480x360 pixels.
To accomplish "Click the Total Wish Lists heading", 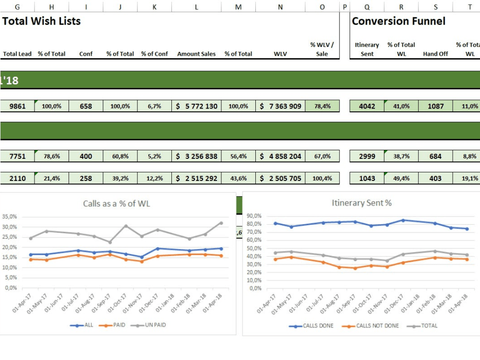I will tap(41, 21).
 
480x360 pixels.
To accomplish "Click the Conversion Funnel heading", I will tap(398, 21).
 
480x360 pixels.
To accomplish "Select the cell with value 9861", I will tap(18, 106).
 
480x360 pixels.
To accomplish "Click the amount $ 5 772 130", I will tap(197, 106).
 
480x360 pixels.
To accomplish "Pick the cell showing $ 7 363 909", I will tap(280, 106).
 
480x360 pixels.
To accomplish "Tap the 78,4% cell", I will tap(322, 106).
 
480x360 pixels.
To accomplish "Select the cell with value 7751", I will tap(18, 156).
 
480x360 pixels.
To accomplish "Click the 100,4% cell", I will tap(322, 178).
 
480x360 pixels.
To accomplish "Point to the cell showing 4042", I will tap(367, 106).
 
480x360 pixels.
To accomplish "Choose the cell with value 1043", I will tap(367, 178).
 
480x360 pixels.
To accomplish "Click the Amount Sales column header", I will tap(196, 54).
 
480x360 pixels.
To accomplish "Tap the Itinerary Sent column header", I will tap(367, 49).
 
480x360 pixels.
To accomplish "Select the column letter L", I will tap(196, 7).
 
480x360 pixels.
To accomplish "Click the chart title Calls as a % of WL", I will tap(116, 204).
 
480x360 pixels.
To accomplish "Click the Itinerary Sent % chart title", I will tap(361, 203).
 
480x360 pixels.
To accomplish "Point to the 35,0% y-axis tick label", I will tap(10, 216).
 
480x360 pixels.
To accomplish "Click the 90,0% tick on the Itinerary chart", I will tap(254, 216).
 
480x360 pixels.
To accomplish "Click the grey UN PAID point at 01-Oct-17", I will tap(126, 226).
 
